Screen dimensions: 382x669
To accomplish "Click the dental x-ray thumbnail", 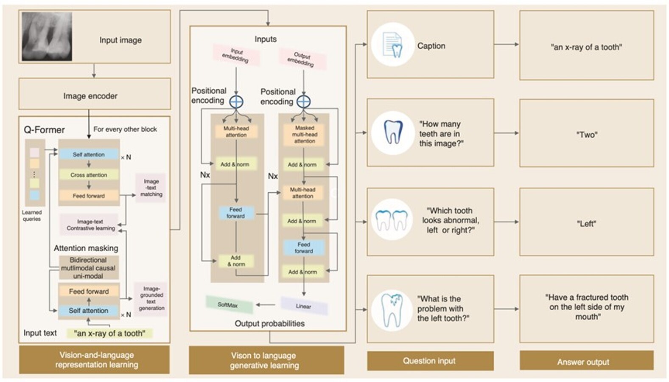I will [47, 37].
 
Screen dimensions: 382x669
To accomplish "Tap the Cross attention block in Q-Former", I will [89, 175].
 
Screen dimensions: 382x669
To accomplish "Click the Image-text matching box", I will [151, 188].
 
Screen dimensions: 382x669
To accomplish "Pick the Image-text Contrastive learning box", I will [90, 225].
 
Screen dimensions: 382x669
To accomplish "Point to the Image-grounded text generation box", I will [151, 298].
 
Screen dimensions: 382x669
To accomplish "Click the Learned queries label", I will [32, 216].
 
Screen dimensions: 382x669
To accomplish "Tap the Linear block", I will [304, 306].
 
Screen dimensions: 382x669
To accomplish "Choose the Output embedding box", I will [302, 59].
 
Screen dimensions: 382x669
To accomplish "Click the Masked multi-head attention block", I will [304, 134].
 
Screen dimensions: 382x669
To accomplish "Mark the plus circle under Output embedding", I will [303, 102].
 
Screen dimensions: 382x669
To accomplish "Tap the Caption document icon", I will [392, 45].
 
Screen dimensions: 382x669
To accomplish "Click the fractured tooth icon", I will [392, 310].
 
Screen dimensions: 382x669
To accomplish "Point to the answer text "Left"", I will [586, 224].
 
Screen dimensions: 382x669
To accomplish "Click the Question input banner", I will [430, 361].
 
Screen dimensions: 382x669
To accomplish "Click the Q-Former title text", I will [45, 130].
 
